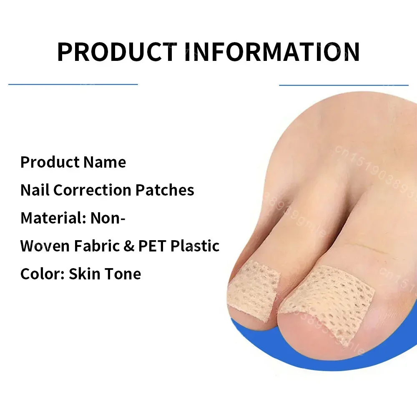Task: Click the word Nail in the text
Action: [x=35, y=190]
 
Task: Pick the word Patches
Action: [x=165, y=190]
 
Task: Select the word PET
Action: [x=152, y=246]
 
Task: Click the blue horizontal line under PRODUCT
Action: [x=73, y=84]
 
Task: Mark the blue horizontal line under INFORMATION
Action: [x=344, y=85]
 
